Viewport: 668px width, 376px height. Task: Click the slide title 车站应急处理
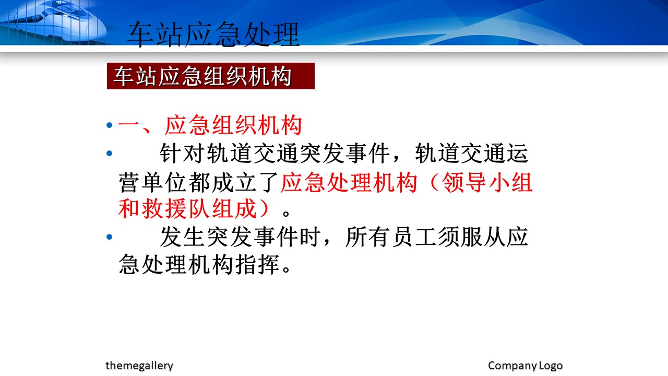coord(213,34)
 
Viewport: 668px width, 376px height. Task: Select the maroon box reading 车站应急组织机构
coord(210,76)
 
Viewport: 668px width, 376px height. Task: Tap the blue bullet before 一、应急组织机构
coord(110,125)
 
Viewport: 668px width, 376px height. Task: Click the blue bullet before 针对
coord(110,154)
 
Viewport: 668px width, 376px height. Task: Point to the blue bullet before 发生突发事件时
coord(110,237)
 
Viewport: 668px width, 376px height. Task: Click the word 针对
coord(182,154)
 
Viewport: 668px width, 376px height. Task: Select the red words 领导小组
coord(487,182)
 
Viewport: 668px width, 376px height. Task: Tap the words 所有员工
coord(391,237)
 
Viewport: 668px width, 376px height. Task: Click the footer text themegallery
coord(139,366)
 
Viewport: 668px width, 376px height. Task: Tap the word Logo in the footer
coord(551,366)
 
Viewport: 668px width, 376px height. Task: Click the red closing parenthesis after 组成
coord(266,208)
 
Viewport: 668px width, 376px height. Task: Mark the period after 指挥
coord(286,270)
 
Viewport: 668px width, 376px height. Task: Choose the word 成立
coord(234,182)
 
